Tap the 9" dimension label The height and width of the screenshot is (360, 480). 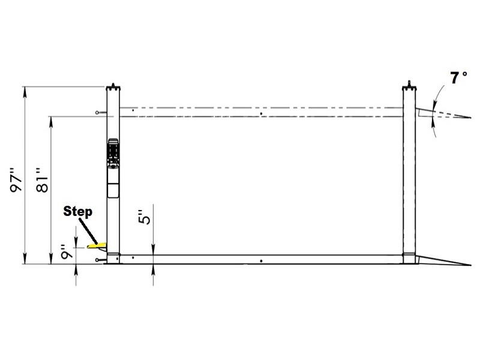pos(67,254)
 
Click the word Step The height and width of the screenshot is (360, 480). pos(77,211)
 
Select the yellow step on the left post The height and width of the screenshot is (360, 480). pos(96,245)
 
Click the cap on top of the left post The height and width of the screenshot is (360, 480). pos(114,83)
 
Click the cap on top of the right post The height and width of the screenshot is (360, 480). pos(409,83)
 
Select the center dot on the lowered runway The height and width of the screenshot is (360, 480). pos(262,261)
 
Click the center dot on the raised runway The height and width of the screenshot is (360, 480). pos(261,113)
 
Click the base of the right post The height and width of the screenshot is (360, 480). pos(409,258)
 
